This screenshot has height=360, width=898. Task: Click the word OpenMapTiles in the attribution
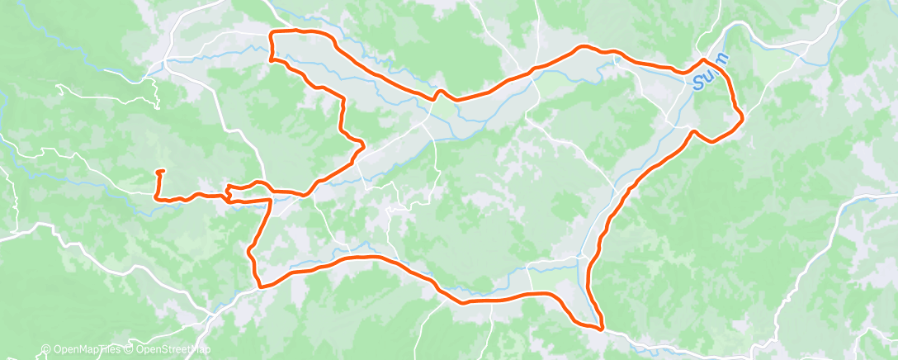86,350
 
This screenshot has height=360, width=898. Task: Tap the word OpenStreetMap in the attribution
176,350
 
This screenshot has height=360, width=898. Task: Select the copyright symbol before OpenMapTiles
46,350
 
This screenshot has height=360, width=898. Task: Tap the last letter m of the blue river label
724,59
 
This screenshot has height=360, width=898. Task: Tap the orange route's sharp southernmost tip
602,328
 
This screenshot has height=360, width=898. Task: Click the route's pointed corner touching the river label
703,59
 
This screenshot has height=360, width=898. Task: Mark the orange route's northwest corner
272,32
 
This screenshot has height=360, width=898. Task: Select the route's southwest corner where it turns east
261,286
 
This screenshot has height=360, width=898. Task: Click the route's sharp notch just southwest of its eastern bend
694,131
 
